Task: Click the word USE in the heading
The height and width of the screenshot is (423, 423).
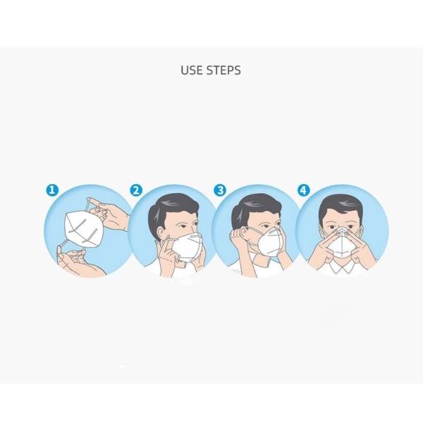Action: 192,70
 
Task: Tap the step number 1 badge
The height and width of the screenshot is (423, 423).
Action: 51,190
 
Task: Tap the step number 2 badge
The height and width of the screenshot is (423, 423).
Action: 136,190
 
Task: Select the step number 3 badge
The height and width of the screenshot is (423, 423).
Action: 220,190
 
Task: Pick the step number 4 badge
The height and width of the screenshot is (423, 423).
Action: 304,190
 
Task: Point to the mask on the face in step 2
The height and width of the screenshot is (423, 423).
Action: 187,247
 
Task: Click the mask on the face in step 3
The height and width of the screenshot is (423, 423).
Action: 271,243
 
